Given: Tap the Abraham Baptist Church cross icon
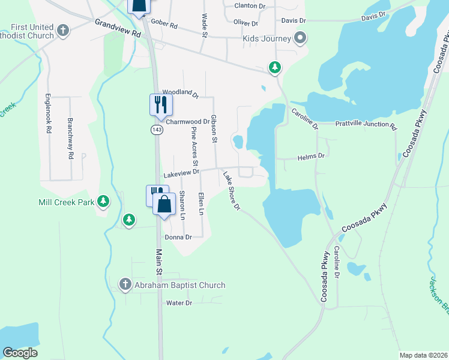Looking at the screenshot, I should [125, 284].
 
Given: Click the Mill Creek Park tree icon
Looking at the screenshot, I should [103, 202].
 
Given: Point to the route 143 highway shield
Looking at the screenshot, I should [155, 130].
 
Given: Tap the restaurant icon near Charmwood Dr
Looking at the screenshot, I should [160, 105].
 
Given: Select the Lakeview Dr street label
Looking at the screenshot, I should [180, 173].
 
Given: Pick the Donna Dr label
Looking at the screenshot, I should [178, 237].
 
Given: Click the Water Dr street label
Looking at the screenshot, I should [179, 303].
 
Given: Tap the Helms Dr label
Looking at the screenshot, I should [311, 157].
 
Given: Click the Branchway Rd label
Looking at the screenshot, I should [70, 137].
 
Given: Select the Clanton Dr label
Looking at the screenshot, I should [250, 6].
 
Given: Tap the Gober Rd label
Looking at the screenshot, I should [165, 26].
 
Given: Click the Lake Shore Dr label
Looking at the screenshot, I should [232, 191].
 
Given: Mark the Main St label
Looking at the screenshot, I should [160, 262].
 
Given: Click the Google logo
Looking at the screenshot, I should [20, 353].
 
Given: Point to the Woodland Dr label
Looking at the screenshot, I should [180, 93].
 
